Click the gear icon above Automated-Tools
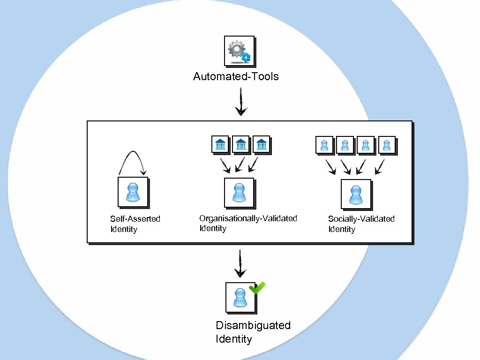click(x=239, y=51)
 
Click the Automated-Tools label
click(x=236, y=76)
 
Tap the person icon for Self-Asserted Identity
click(x=133, y=192)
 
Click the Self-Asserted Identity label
click(x=135, y=224)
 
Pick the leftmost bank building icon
click(x=219, y=144)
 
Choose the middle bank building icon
click(x=240, y=144)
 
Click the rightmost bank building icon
click(x=262, y=144)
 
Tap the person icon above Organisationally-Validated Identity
click(x=239, y=192)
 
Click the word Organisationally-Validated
click(x=248, y=218)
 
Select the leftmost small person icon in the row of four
click(x=324, y=145)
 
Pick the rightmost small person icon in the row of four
click(x=387, y=145)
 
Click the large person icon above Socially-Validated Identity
click(x=356, y=194)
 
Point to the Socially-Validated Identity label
click(x=361, y=224)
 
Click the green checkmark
click(x=257, y=287)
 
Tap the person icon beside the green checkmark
click(x=240, y=297)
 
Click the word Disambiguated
click(x=253, y=325)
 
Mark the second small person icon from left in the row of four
click(x=345, y=145)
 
